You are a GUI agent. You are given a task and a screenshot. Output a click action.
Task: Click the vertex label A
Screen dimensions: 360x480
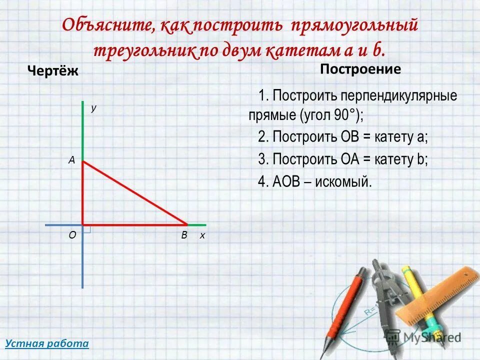[71, 160]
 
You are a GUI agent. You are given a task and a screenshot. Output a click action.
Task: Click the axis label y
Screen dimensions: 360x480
[93, 107]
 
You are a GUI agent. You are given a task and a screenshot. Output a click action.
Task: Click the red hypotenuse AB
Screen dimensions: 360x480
[135, 193]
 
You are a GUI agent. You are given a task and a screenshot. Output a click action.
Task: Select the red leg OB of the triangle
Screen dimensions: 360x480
[135, 224]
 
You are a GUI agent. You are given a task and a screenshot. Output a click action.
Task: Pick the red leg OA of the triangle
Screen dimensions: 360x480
[82, 193]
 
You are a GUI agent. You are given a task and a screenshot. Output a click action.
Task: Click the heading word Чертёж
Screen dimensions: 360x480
[52, 71]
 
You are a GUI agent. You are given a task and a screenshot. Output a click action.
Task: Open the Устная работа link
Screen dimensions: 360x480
[46, 343]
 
